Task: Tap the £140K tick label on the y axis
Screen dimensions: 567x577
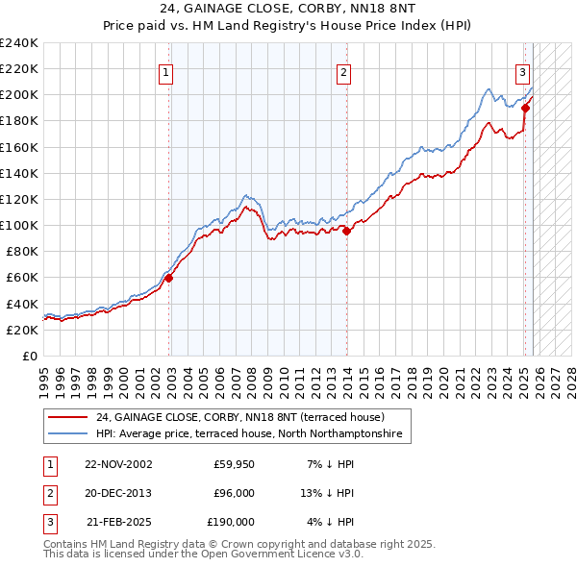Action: coord(19,173)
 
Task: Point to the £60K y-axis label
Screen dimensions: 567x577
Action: coord(22,277)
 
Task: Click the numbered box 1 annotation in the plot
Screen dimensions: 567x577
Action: coord(166,71)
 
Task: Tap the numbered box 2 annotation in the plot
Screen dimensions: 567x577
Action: coord(343,71)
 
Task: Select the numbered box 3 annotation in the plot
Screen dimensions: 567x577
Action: coord(522,71)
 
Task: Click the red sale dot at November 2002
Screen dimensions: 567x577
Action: coord(168,278)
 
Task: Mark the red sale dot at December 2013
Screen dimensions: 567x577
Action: coord(346,231)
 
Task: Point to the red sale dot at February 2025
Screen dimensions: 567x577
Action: coord(525,108)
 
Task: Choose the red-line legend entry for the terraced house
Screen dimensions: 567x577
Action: coord(240,418)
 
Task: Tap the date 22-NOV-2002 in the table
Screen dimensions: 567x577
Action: coord(118,464)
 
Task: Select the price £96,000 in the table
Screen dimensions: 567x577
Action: coord(234,493)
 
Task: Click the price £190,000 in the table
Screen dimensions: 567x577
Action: coord(231,522)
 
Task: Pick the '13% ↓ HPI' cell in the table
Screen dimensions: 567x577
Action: coord(328,493)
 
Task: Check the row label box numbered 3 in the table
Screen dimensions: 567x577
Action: coord(47,522)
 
